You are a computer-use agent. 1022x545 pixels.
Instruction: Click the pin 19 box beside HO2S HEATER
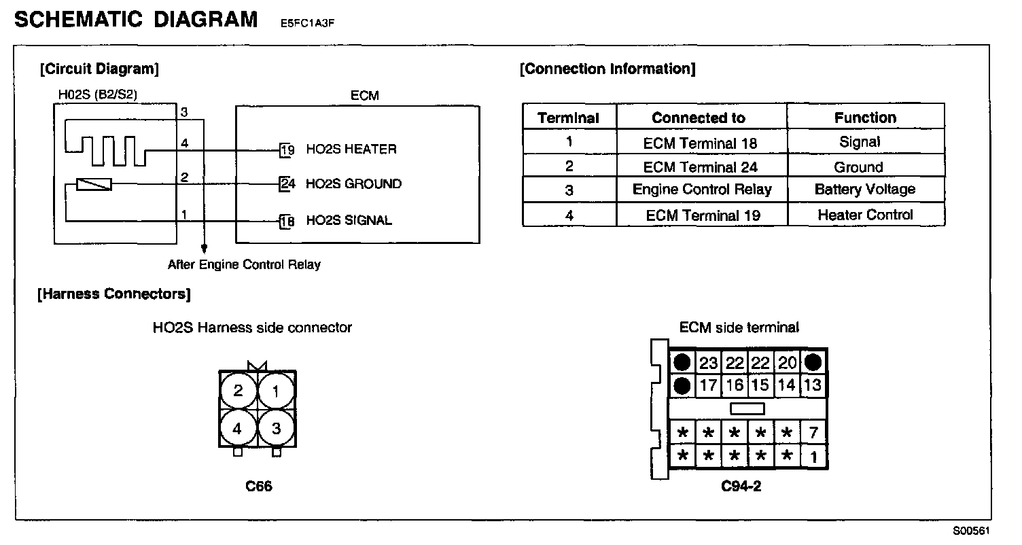click(287, 150)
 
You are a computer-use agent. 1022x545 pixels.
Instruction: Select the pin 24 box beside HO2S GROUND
click(287, 184)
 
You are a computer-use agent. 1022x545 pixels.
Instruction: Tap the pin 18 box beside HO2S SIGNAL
click(287, 221)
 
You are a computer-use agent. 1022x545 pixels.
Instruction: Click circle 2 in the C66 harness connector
click(238, 391)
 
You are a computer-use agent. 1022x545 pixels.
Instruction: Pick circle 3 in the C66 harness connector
click(276, 429)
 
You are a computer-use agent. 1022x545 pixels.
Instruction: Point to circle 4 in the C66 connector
click(238, 429)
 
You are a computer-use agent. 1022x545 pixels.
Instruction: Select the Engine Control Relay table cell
click(702, 190)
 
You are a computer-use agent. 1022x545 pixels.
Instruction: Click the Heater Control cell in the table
click(865, 215)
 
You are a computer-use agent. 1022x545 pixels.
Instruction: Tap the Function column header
click(865, 118)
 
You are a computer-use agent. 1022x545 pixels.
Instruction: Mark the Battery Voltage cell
click(865, 190)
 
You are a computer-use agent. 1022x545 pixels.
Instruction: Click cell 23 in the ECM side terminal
click(708, 363)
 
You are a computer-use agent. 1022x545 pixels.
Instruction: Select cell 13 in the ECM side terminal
click(813, 385)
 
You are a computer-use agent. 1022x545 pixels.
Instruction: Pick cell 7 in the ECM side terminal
click(813, 432)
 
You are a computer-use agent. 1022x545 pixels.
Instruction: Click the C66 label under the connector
click(259, 487)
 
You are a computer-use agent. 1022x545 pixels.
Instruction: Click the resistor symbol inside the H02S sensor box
click(94, 184)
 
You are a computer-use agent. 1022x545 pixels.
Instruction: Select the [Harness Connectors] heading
click(115, 294)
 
